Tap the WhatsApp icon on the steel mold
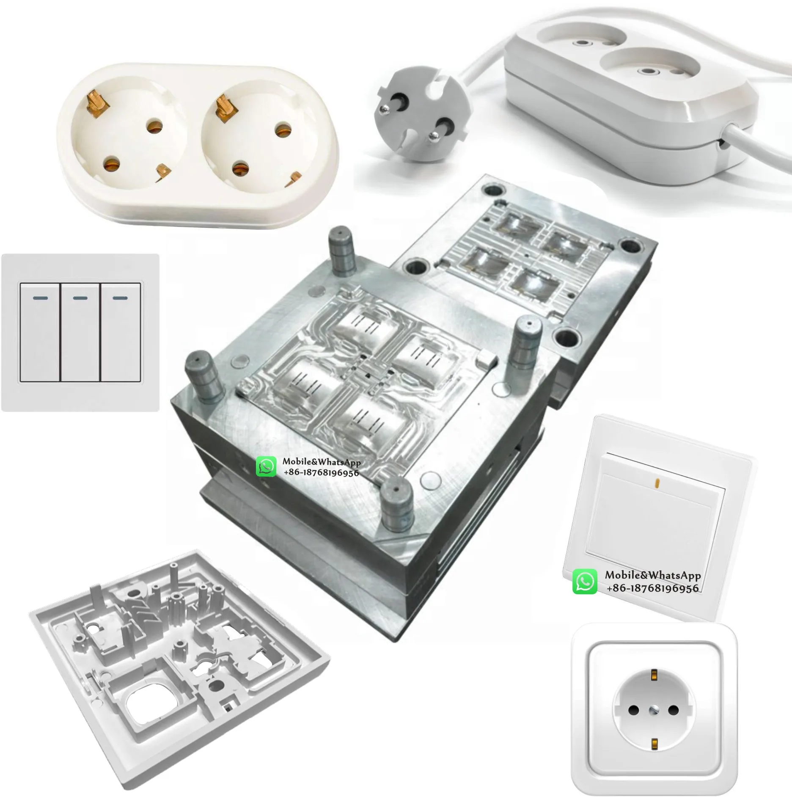click(266, 467)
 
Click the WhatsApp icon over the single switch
click(585, 582)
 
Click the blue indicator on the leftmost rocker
click(40, 298)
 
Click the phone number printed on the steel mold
click(321, 472)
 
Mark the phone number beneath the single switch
click(652, 588)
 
